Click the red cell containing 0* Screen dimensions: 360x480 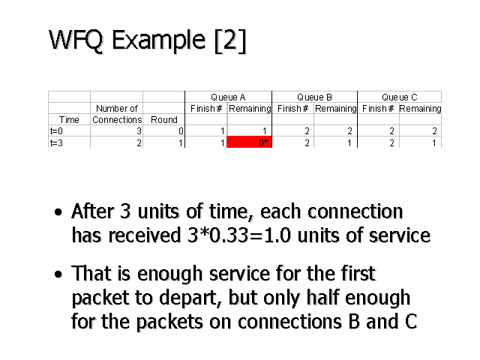pyautogui.click(x=249, y=142)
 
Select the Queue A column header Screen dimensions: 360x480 pyautogui.click(x=228, y=97)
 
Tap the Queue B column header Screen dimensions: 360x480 pyautogui.click(x=314, y=97)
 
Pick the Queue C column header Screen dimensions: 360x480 pyautogui.click(x=400, y=97)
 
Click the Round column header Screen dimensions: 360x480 pyautogui.click(x=163, y=119)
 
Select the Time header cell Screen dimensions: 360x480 pyautogui.click(x=69, y=119)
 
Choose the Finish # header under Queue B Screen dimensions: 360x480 pyautogui.click(x=292, y=109)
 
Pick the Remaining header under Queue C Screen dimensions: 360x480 pyautogui.click(x=420, y=109)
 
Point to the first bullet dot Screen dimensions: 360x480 pyautogui.click(x=58, y=213)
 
